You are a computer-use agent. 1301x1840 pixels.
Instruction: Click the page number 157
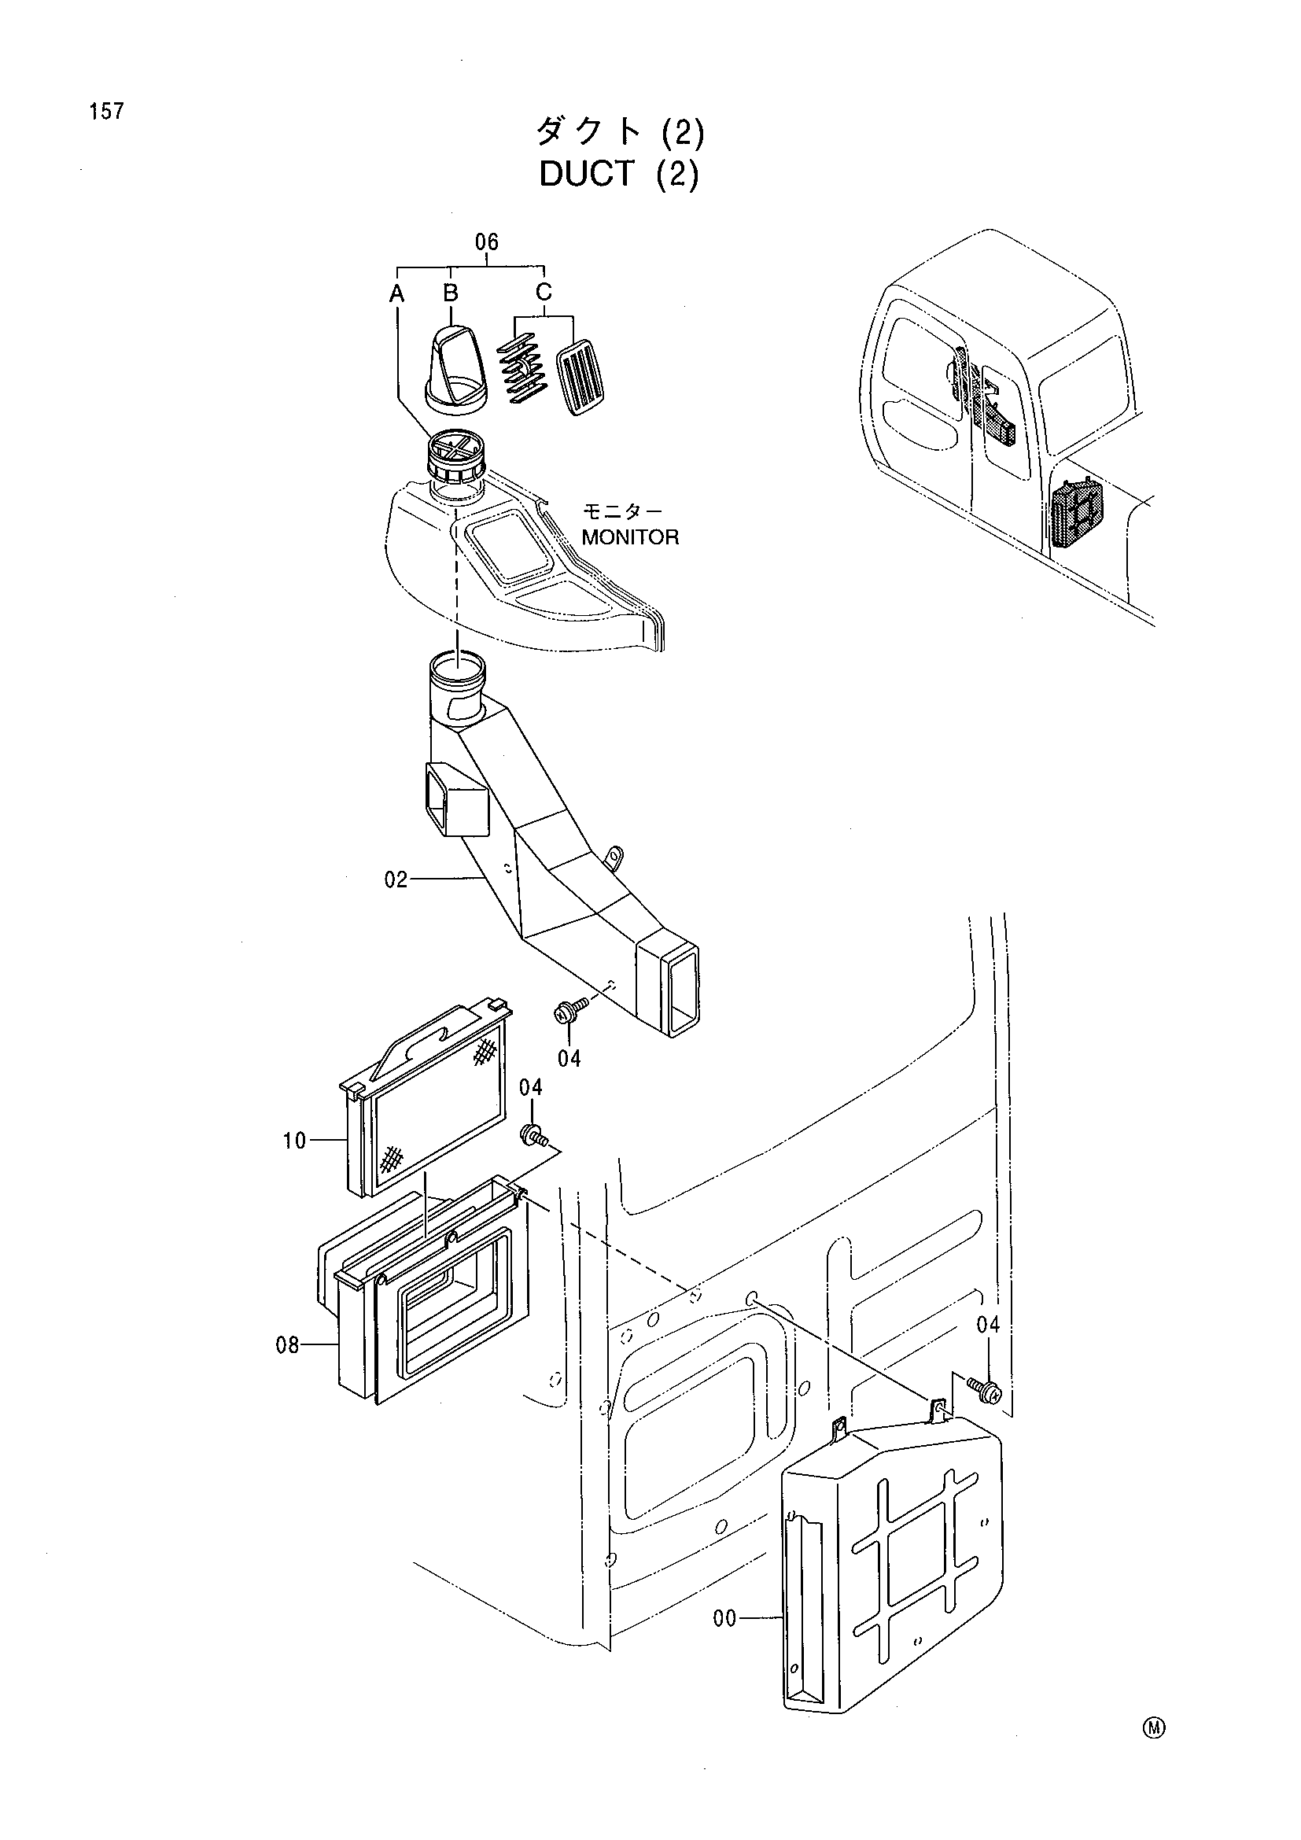point(107,112)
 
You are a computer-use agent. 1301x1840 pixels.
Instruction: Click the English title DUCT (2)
point(619,175)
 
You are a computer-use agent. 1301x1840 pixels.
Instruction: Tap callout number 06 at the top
point(486,242)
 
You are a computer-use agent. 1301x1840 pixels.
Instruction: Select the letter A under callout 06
point(396,295)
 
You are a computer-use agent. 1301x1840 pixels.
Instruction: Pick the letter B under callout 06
point(451,293)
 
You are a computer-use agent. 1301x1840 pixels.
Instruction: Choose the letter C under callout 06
point(544,291)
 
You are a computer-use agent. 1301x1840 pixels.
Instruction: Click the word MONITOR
point(631,537)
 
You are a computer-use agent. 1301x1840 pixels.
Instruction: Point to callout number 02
point(396,880)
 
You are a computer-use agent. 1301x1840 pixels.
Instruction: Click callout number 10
point(294,1141)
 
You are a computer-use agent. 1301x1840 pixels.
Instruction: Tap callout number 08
point(288,1345)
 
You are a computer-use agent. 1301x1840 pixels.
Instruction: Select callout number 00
point(724,1619)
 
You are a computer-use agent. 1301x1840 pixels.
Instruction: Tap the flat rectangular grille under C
point(581,378)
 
